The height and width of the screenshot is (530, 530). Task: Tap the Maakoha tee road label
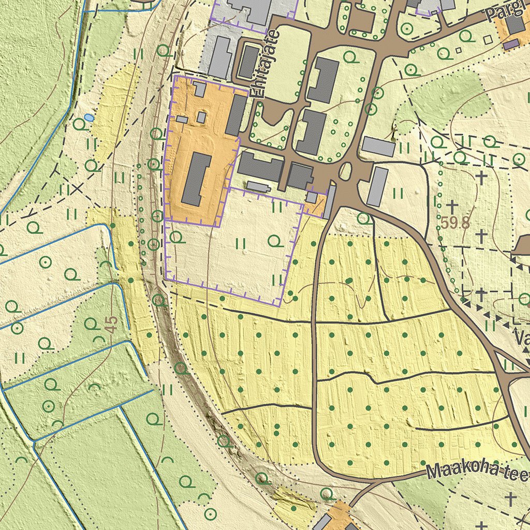pos(476,470)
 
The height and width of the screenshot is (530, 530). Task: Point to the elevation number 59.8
pos(455,223)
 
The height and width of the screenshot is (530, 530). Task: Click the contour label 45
pos(110,325)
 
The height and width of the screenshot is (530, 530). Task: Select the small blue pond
pos(90,118)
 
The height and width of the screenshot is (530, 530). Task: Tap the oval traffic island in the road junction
pos(345,170)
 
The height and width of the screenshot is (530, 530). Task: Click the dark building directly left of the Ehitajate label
pos(248,62)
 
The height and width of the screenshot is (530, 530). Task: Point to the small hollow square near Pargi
pos(487,39)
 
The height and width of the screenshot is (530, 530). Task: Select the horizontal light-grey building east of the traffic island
pos(378,146)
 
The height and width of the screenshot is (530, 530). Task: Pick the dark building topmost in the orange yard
pos(200,90)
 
